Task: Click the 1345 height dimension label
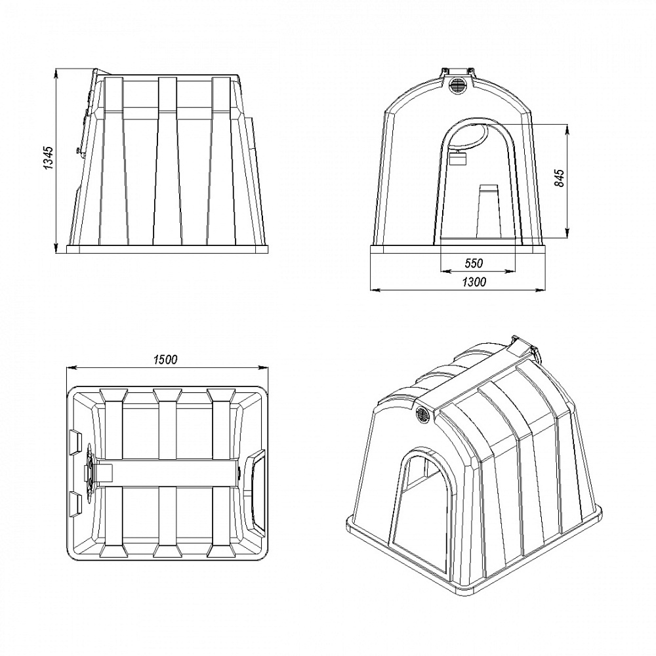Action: click(x=49, y=157)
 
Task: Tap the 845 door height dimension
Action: click(x=560, y=178)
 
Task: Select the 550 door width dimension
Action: click(x=474, y=263)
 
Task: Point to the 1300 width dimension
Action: click(x=474, y=281)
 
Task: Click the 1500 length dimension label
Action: click(x=165, y=359)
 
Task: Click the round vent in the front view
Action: click(x=457, y=85)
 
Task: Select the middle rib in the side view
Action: click(x=167, y=161)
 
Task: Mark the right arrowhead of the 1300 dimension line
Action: click(x=541, y=289)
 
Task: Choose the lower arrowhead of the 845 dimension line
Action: click(x=567, y=234)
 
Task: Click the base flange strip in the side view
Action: click(x=167, y=249)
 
